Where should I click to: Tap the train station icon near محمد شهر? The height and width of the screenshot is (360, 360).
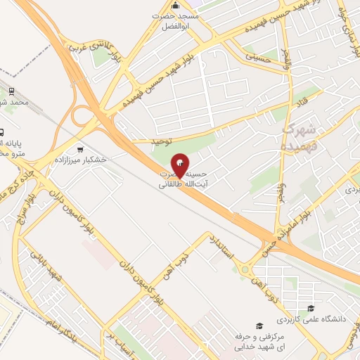pos(12,91)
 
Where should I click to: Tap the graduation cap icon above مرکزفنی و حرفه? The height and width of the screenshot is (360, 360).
pos(259,326)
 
